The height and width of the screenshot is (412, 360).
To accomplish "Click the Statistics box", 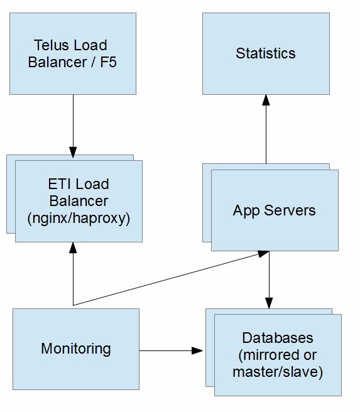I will coord(265,53).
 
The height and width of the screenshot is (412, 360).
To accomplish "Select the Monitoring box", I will coord(75,348).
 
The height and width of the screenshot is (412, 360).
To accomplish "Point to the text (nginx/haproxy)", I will coord(78,219).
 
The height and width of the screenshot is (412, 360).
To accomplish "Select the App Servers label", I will coord(274,210).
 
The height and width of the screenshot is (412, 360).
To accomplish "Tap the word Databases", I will coord(277,338).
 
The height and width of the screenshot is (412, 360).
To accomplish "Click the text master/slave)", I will coord(277,372).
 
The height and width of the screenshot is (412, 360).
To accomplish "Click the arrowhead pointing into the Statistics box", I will coord(266,100).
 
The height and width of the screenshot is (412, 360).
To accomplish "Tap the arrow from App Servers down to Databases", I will coord(270,276).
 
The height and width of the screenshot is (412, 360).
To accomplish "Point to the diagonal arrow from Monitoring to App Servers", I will coord(170,279).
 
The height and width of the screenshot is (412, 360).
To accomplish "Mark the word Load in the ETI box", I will coord(94,184).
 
